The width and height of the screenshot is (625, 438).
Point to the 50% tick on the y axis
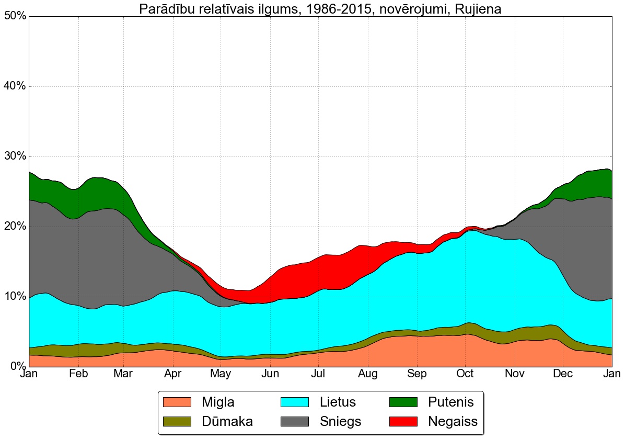click(15, 16)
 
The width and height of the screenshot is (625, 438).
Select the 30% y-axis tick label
click(15, 156)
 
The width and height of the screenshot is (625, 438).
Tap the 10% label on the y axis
click(15, 297)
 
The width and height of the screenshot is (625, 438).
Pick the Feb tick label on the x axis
click(78, 374)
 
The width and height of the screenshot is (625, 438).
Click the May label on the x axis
click(221, 374)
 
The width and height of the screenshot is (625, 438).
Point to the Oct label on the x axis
click(465, 374)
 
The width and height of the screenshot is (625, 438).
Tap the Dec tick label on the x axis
click(563, 374)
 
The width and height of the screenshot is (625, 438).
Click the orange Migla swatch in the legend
click(177, 402)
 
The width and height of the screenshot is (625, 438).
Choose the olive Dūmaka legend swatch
click(177, 421)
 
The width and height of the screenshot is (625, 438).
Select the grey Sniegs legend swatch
click(295, 421)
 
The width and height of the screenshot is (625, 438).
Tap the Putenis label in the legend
click(450, 402)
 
